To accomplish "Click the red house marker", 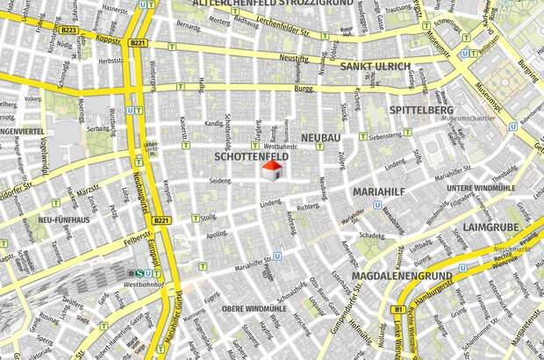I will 273,170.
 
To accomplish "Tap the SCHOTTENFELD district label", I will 251,156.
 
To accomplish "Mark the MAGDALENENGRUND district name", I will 401,276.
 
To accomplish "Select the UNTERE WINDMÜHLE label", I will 481,189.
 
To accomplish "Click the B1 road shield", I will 398,310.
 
